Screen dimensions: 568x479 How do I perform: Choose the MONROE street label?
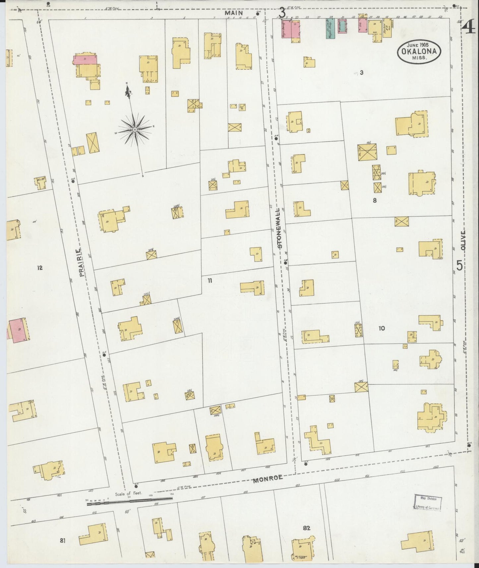(268, 478)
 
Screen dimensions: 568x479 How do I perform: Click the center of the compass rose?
(135, 130)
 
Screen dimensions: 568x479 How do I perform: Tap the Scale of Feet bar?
(129, 504)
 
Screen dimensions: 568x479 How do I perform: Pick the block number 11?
(210, 281)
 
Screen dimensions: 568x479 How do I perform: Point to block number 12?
(40, 268)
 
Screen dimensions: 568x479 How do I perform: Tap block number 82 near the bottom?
(306, 528)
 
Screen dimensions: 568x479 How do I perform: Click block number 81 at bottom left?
(62, 541)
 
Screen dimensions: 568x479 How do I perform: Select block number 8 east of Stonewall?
(375, 200)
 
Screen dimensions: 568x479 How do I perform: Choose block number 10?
(382, 328)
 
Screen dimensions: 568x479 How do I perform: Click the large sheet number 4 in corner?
(469, 26)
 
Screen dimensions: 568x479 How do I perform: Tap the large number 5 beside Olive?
(459, 265)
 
